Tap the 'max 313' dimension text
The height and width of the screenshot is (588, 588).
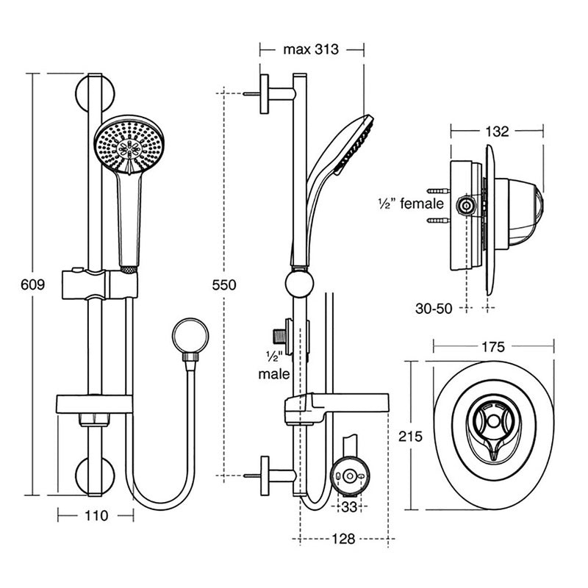(311, 50)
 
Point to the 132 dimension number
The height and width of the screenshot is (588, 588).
(497, 132)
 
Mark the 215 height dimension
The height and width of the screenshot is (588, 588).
(411, 436)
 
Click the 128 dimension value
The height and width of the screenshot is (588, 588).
(343, 539)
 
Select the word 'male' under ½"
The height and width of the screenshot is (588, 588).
(274, 374)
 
